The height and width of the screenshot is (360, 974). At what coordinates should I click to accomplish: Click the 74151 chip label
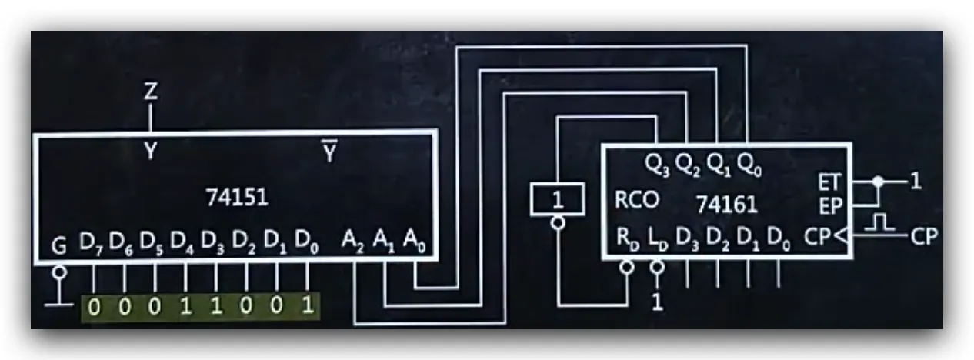(x=237, y=198)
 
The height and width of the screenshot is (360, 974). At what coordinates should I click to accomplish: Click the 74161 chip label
(x=727, y=204)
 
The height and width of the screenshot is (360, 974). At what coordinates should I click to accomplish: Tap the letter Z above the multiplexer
(x=151, y=92)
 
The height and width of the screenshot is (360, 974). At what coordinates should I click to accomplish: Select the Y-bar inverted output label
(x=329, y=152)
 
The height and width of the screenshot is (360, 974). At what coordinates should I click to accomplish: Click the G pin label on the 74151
(x=59, y=245)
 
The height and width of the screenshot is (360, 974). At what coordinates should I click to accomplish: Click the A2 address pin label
(x=352, y=241)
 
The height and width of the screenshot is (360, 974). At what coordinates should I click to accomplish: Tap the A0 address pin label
(x=415, y=241)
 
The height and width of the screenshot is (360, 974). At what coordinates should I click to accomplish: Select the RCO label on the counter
(x=637, y=200)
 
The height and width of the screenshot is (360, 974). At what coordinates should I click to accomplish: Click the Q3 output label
(x=657, y=165)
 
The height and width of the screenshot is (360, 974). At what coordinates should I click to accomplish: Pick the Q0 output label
(x=749, y=165)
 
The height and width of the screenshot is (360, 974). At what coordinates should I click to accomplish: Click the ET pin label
(x=829, y=182)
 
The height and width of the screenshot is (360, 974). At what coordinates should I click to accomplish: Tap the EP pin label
(x=830, y=206)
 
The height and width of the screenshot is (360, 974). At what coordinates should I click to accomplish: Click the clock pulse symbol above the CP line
(x=879, y=222)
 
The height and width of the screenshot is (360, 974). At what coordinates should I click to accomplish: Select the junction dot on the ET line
(x=879, y=182)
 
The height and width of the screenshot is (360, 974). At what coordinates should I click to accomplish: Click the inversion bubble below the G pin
(x=59, y=272)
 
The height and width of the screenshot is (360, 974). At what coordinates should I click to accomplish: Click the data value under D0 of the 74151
(x=308, y=305)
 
